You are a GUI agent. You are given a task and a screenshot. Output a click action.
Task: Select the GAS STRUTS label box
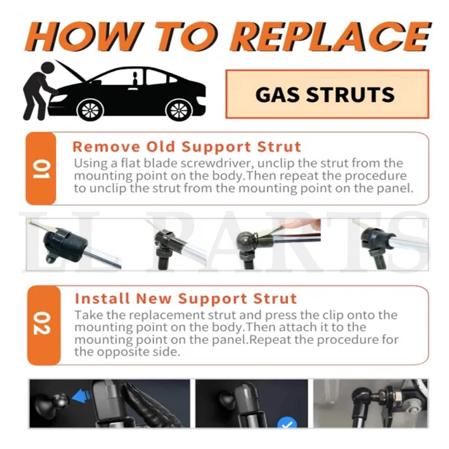327,94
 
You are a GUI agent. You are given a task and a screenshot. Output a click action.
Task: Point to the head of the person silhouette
48,69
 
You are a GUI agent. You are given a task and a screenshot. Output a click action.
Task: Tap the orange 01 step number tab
41,168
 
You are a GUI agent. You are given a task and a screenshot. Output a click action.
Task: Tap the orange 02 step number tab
43,325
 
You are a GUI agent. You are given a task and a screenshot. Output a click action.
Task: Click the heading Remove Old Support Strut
187,146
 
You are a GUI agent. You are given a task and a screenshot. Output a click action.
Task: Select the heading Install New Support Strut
186,298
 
